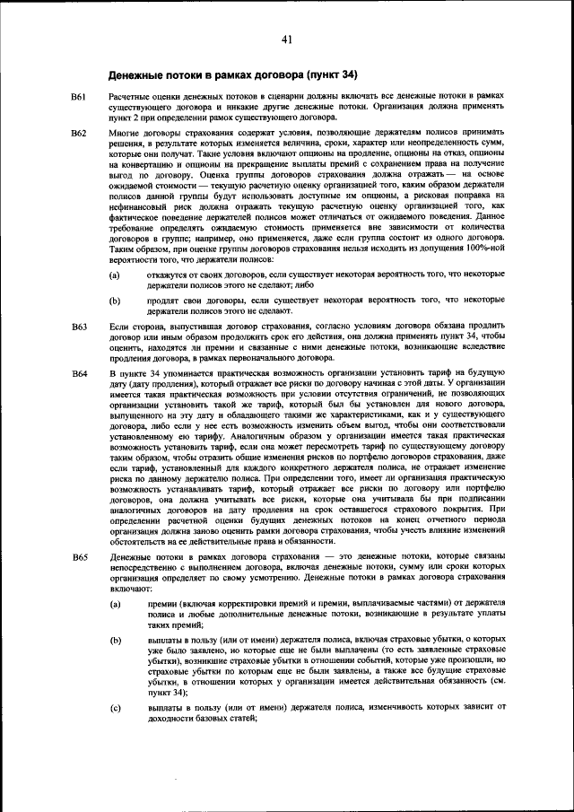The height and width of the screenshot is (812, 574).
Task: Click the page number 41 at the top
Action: [x=286, y=39]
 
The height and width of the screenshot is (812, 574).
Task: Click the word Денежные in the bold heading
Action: [x=137, y=74]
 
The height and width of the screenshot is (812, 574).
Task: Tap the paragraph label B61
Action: [x=79, y=95]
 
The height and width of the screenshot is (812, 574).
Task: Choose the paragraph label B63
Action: [x=79, y=328]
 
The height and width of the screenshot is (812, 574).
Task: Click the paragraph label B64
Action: [x=79, y=371]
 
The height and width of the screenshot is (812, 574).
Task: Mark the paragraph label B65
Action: [x=79, y=558]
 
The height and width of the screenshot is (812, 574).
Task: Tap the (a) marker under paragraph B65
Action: [x=115, y=606]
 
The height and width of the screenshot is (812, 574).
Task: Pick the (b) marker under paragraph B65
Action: [x=115, y=641]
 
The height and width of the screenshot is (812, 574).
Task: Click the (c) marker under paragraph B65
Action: [x=115, y=707]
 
